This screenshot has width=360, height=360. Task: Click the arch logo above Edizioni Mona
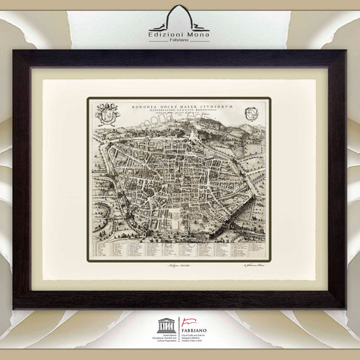coord(180,18)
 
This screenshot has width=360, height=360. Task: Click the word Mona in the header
coord(199,34)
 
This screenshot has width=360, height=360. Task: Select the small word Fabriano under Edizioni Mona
coord(180,42)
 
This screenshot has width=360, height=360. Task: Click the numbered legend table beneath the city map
coord(179,251)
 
